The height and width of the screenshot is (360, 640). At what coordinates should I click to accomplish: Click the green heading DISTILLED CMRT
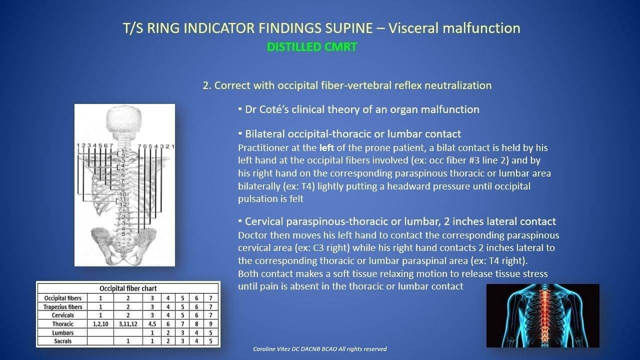[x=311, y=47]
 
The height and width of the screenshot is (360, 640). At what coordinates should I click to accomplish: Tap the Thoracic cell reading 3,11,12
[x=128, y=324]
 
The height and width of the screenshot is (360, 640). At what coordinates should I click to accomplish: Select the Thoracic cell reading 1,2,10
[x=100, y=324]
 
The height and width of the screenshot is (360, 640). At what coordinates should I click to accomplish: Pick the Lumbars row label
[x=63, y=333]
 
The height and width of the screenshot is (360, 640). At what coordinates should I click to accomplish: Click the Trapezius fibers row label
[x=63, y=307]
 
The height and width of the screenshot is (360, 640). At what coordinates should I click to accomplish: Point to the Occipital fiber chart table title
[x=128, y=288]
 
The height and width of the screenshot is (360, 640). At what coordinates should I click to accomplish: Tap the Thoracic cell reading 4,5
[x=152, y=324]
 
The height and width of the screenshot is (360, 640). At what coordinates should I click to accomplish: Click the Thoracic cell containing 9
[x=210, y=324]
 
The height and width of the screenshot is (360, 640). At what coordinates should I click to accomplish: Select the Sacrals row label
[x=63, y=341]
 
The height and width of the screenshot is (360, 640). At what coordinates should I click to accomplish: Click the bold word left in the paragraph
[x=326, y=147]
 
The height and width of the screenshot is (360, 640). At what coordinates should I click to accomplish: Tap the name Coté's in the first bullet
[x=273, y=109]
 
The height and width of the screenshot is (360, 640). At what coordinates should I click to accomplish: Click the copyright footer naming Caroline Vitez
[x=319, y=349]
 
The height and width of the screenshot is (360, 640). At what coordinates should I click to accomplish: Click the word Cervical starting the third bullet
[x=264, y=221]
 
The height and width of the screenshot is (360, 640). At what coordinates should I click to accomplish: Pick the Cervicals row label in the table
[x=63, y=315]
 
